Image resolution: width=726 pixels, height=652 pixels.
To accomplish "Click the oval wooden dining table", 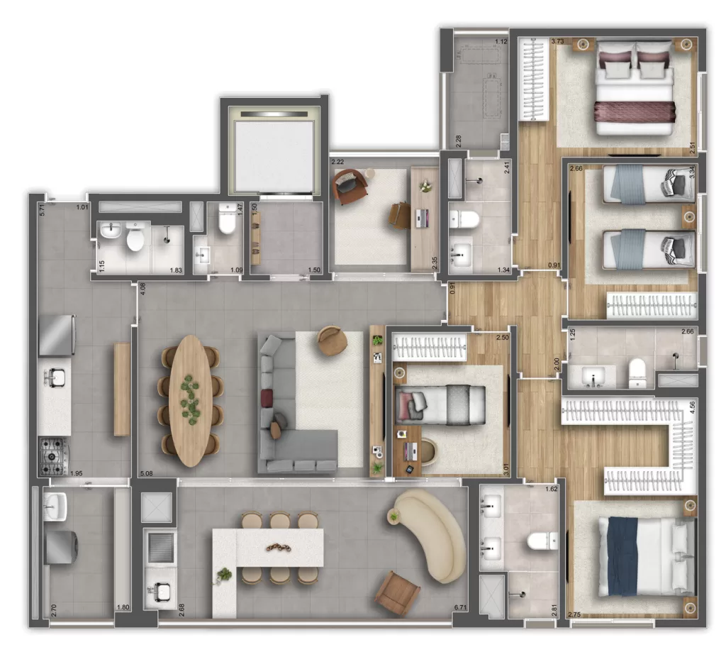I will click(189, 400).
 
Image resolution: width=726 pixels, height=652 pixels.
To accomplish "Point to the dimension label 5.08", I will click(147, 473).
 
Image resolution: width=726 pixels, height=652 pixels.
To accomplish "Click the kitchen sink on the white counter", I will click(55, 378).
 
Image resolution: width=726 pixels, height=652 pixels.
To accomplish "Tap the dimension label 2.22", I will click(339, 162).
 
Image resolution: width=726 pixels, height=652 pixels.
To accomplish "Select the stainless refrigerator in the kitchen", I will click(57, 336).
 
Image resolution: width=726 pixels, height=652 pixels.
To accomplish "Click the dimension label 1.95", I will click(76, 473).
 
